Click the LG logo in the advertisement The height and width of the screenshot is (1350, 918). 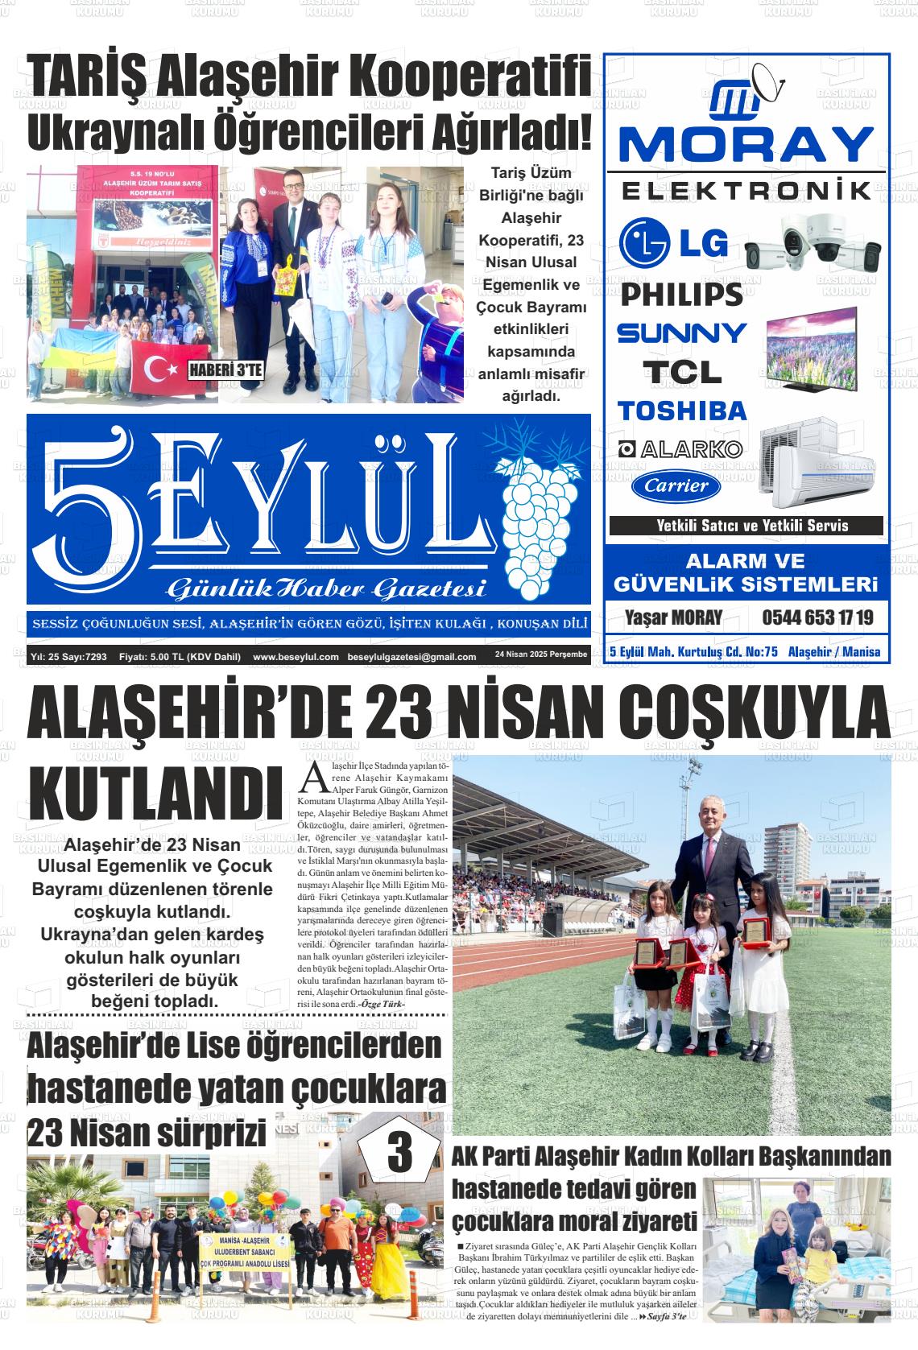[x=673, y=243]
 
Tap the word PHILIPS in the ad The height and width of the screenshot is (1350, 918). [x=681, y=295]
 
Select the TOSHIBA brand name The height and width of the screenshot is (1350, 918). [x=682, y=411]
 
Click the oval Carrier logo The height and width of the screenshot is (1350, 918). [x=676, y=486]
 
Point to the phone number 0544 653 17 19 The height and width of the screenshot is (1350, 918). [x=817, y=618]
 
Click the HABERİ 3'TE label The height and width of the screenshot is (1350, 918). [x=225, y=371]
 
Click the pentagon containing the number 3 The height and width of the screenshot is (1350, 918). [x=399, y=1154]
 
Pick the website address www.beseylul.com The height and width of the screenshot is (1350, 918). [x=296, y=657]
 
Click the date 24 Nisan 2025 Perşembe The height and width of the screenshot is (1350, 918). [x=541, y=654]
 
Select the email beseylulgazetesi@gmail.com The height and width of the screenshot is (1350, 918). [x=411, y=657]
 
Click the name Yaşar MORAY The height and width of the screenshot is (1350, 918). [x=673, y=618]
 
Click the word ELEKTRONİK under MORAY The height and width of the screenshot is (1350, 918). [x=746, y=192]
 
